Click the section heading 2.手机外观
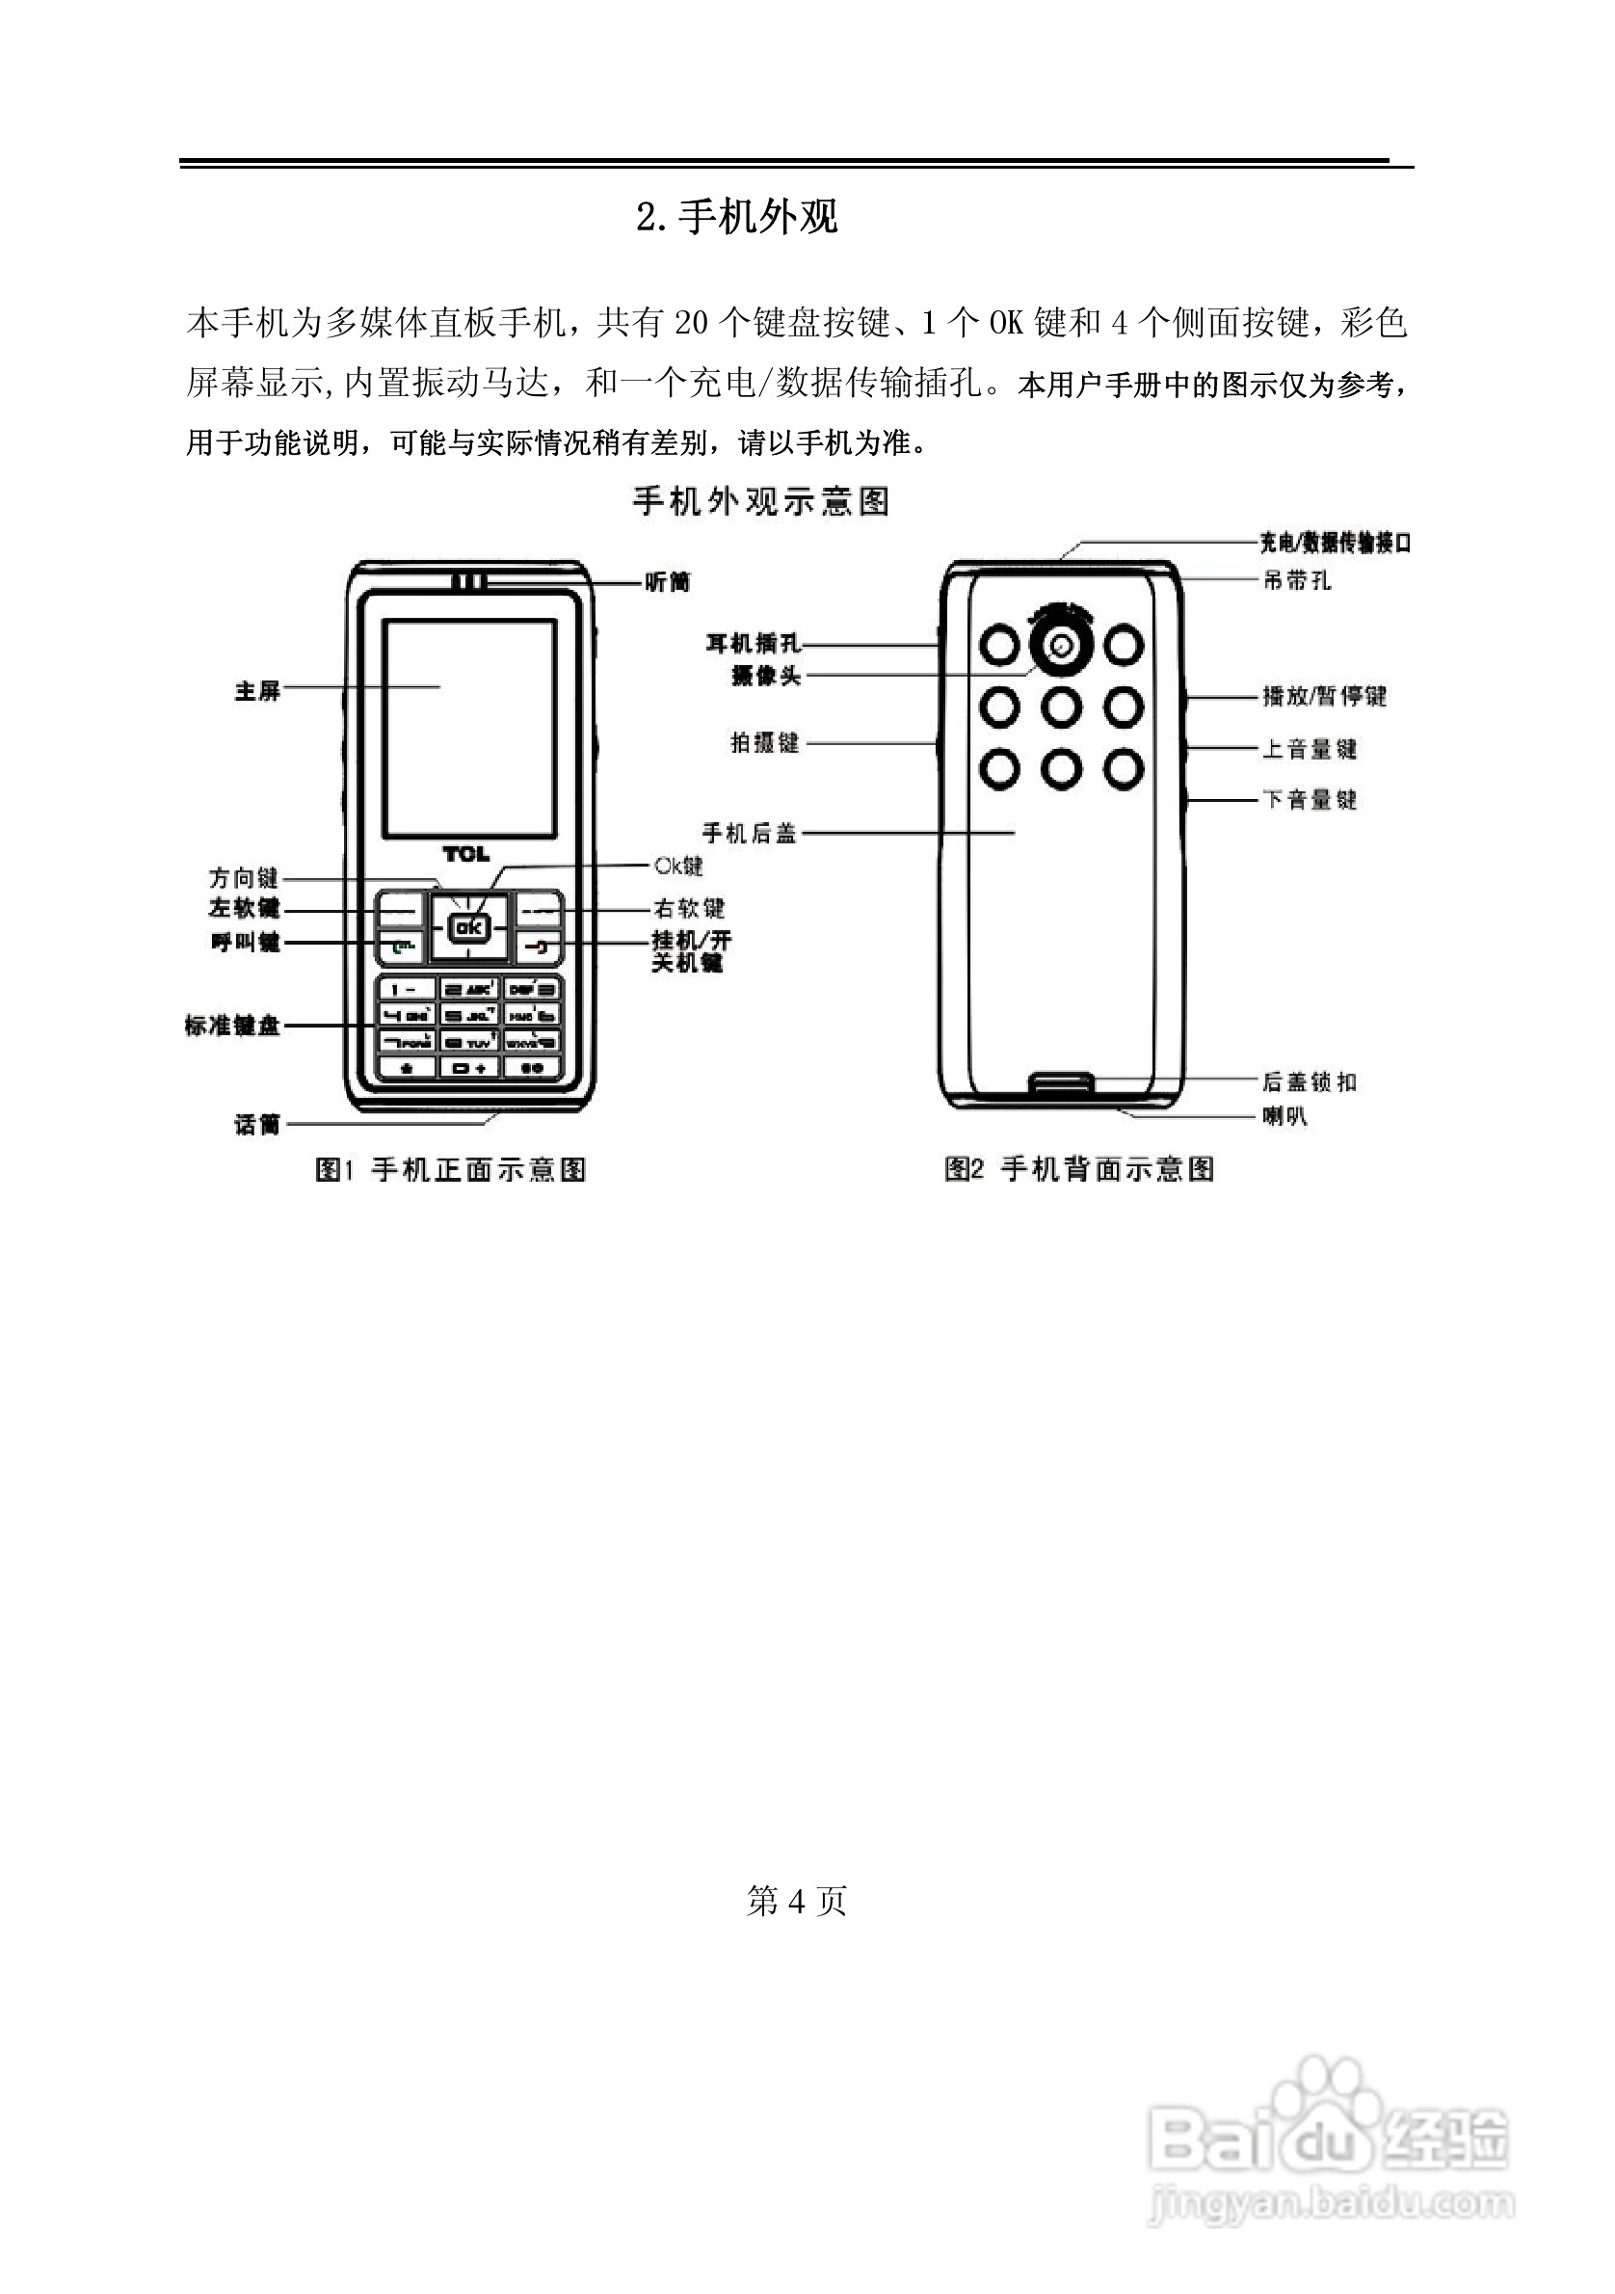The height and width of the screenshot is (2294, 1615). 737,217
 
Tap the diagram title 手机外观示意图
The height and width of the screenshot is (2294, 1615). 761,500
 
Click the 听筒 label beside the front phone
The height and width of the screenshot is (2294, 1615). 667,581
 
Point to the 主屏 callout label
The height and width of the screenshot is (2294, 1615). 257,690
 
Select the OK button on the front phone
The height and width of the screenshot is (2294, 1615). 468,928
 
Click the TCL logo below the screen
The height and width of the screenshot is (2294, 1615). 466,854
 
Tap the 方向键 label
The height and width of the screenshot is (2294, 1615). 244,877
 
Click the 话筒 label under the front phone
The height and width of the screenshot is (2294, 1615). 256,1125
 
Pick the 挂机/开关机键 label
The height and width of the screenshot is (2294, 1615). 691,951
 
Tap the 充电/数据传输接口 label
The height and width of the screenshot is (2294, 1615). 1335,543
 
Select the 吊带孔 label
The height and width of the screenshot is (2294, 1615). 1296,580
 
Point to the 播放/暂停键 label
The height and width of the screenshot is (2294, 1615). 1324,695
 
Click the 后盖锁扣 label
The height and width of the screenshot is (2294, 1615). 1310,1081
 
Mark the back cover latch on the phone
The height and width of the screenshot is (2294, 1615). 1062,1083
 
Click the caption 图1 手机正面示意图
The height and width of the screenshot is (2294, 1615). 450,1169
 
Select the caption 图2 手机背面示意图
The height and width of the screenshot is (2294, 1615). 1079,1169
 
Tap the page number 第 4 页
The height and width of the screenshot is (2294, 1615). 796,1901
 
